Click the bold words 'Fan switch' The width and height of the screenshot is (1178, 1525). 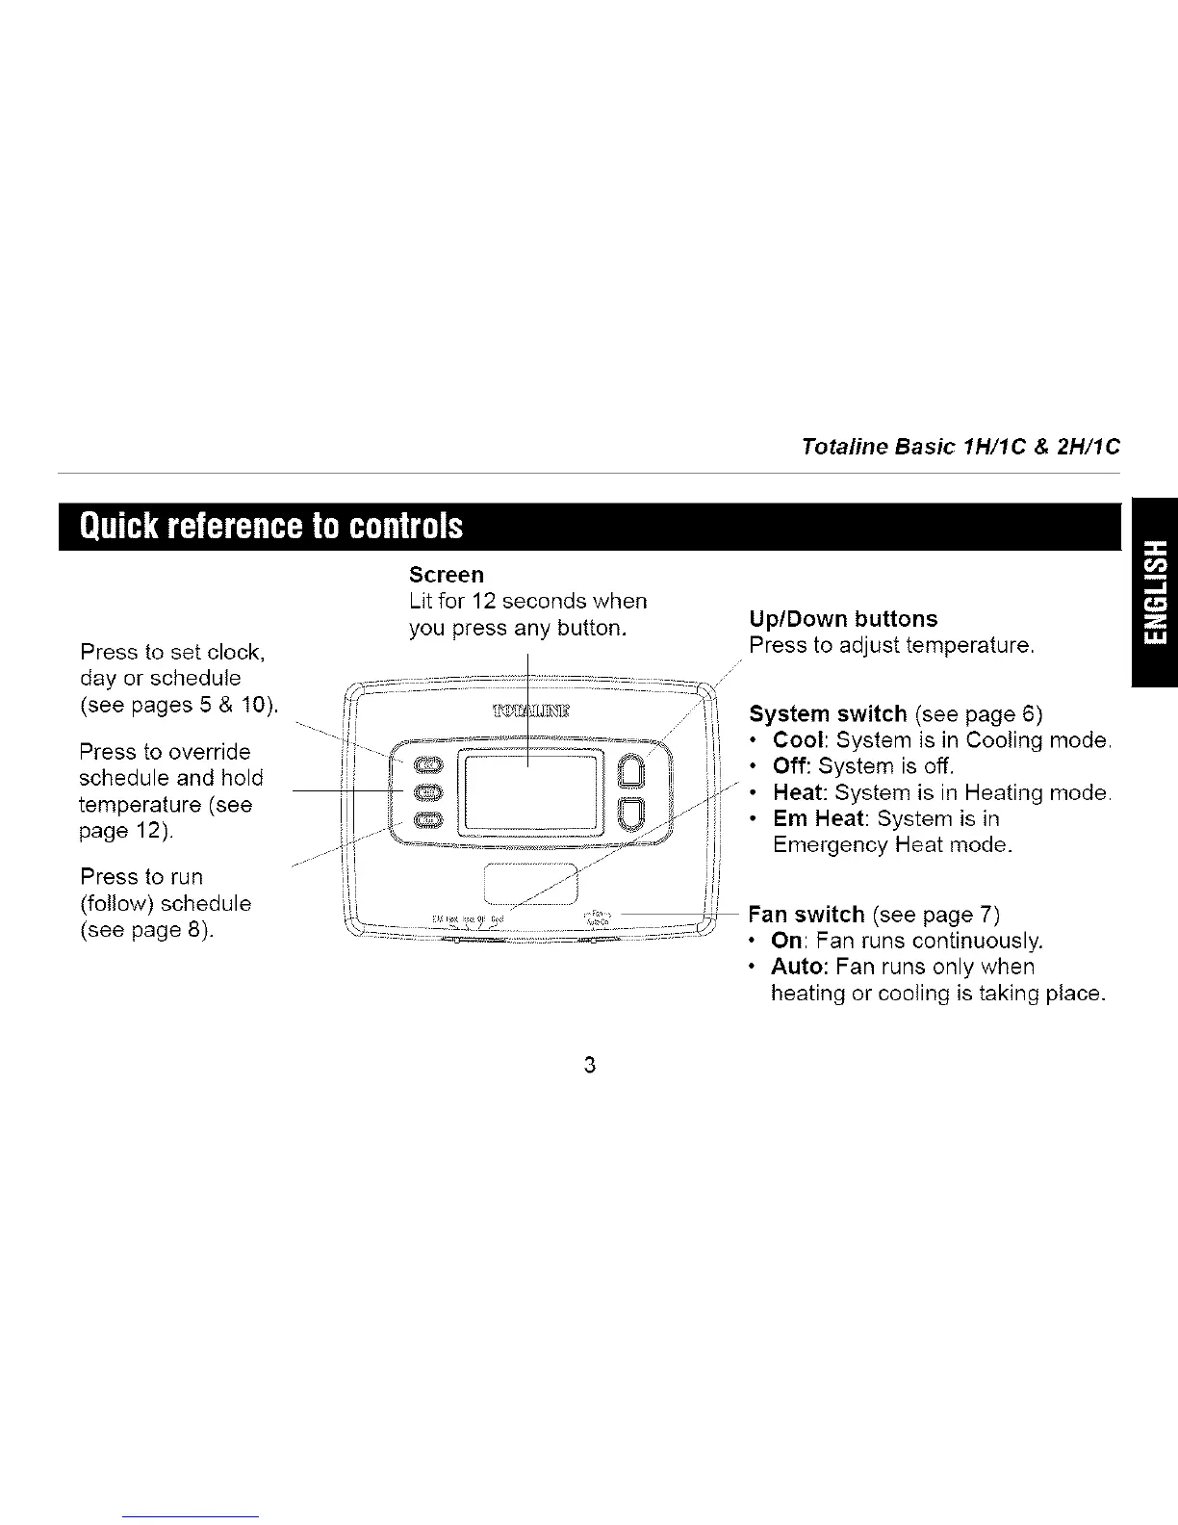807,915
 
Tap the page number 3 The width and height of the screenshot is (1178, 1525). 589,1065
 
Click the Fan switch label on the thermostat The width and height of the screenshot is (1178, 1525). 602,916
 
